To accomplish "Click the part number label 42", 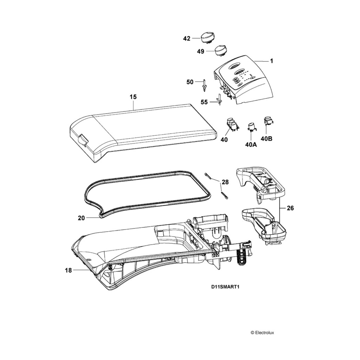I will coord(187,39).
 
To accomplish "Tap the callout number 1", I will coord(271,61).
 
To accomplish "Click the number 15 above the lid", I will coord(133,96).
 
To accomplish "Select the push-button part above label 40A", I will coord(252,127).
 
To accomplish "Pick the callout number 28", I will coord(225,182).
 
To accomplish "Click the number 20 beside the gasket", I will coord(81,218).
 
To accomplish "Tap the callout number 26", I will coord(290,208).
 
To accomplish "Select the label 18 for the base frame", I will coord(68,270).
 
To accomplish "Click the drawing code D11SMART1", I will coord(225,287).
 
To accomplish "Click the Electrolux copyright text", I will coord(264,332).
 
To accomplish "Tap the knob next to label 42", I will coord(207,36).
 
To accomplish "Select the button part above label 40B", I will coord(269,121).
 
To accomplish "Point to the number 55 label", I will coord(204,102).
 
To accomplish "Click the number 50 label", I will coord(190,82).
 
